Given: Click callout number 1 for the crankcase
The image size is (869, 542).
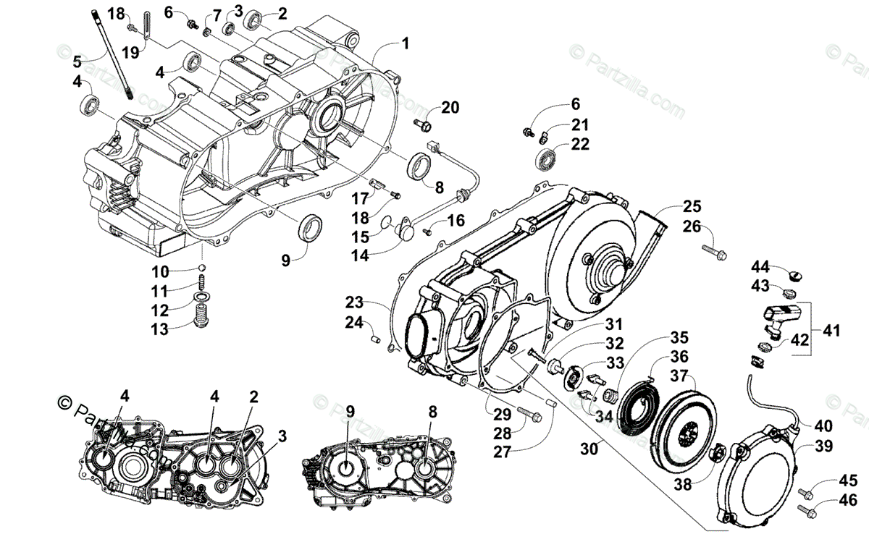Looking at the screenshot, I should pos(405,44).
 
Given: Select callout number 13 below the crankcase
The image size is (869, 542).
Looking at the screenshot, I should pos(159,329).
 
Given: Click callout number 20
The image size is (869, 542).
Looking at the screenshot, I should pos(450,108).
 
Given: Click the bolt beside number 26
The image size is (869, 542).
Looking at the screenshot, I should pos(713,251).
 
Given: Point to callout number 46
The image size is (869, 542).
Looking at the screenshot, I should pos(848,499).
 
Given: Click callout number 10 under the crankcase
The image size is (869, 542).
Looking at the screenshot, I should pos(159,271).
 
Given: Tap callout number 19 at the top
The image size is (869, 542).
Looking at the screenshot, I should pos(130,51).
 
